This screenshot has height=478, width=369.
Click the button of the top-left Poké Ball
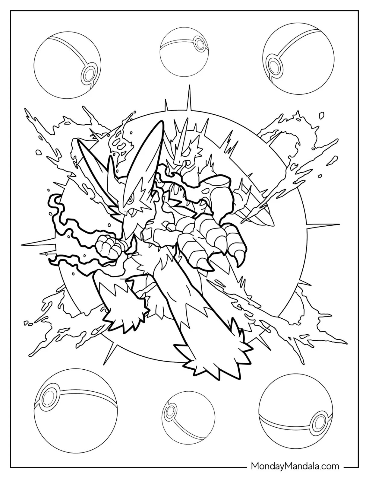[87, 73]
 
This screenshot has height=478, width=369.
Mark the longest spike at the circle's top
[189, 99]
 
